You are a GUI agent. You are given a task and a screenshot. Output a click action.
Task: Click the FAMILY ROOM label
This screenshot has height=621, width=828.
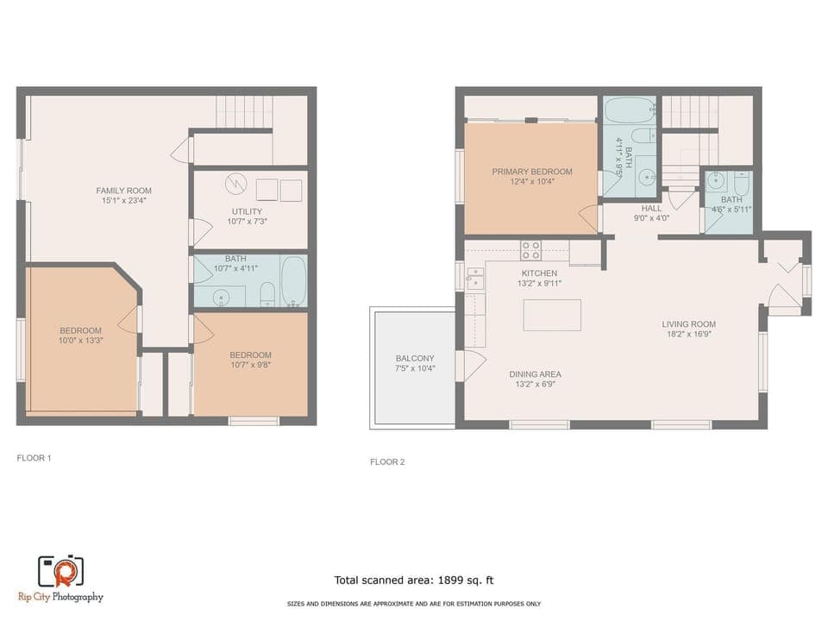(x=123, y=190)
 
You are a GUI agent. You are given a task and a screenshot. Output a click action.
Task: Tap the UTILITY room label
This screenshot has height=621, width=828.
(x=247, y=211)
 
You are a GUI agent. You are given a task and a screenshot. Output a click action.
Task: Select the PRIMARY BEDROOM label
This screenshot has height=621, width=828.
(x=532, y=172)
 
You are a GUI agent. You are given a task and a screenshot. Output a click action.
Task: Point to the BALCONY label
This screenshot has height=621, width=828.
(x=415, y=358)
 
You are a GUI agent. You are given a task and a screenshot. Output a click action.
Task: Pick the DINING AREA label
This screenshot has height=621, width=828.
(x=535, y=373)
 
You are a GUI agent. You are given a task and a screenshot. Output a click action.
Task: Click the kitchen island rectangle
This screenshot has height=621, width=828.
(x=552, y=315)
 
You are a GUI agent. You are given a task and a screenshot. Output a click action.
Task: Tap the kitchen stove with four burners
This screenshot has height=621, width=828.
(x=531, y=250)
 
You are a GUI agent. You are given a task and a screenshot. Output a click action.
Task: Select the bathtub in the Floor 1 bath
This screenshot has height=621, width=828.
(x=293, y=281)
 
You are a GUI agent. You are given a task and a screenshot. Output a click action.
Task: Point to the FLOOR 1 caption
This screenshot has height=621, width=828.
(x=34, y=458)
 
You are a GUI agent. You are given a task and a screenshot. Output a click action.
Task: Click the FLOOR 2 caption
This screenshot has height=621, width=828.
(x=387, y=462)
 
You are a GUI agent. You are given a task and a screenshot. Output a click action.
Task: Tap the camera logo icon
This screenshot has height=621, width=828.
(x=60, y=571)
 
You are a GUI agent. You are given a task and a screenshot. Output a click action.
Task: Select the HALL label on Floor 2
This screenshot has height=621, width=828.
(x=651, y=209)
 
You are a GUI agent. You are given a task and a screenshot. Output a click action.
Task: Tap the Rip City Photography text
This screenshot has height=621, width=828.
(x=60, y=597)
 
